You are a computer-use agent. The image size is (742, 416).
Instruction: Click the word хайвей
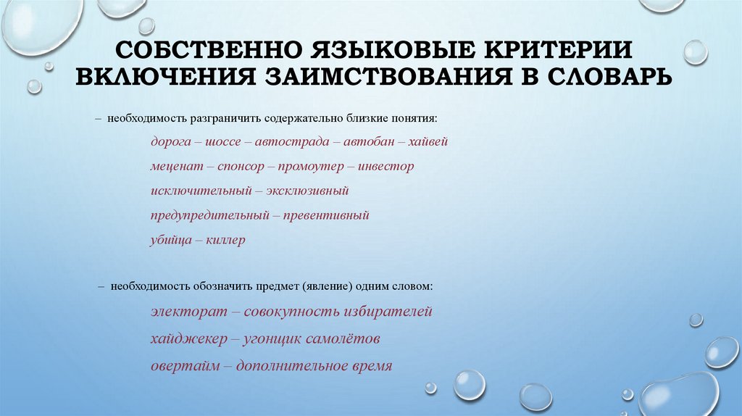428,141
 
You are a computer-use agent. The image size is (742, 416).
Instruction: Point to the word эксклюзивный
309,191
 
